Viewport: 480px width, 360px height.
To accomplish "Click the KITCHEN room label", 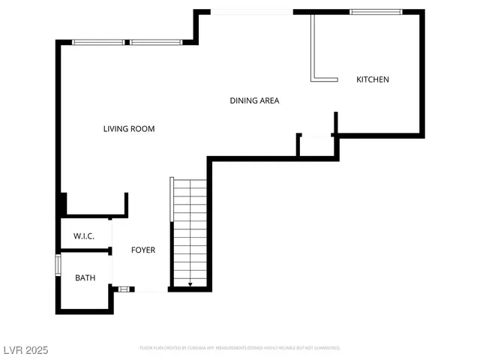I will click(373, 79).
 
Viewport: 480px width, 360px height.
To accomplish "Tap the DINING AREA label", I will click(254, 100).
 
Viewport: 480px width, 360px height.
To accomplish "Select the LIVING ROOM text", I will click(129, 129).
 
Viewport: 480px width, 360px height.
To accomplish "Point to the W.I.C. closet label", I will click(83, 236).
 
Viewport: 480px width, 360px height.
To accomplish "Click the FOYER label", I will click(143, 250).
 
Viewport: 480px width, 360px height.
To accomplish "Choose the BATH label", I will click(85, 278).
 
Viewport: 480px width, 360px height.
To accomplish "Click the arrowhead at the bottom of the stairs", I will click(190, 284).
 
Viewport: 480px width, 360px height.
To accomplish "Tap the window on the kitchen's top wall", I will click(376, 12).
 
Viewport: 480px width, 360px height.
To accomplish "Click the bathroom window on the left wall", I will click(58, 265).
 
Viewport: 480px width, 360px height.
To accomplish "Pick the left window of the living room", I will click(99, 42).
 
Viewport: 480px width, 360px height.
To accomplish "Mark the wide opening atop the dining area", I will click(250, 12).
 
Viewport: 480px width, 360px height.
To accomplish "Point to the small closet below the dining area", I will click(316, 145).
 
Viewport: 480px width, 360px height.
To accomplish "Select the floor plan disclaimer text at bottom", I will click(240, 348).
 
